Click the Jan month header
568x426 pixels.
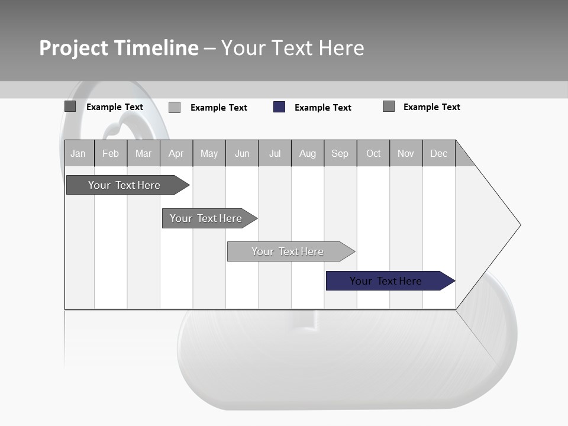click(x=78, y=153)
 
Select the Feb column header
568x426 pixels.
click(x=111, y=153)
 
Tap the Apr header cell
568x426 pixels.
click(x=176, y=153)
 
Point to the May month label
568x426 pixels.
click(x=209, y=153)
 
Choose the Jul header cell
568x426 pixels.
click(x=275, y=153)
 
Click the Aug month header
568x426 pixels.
click(x=308, y=153)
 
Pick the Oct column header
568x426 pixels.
click(x=373, y=153)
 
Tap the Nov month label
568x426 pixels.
click(x=406, y=153)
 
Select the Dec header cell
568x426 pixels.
click(x=439, y=153)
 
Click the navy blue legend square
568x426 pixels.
click(x=279, y=107)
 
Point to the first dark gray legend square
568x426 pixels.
click(x=70, y=106)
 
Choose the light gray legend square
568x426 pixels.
click(x=175, y=107)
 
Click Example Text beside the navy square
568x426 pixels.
click(x=323, y=108)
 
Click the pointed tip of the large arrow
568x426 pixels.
click(x=519, y=225)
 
